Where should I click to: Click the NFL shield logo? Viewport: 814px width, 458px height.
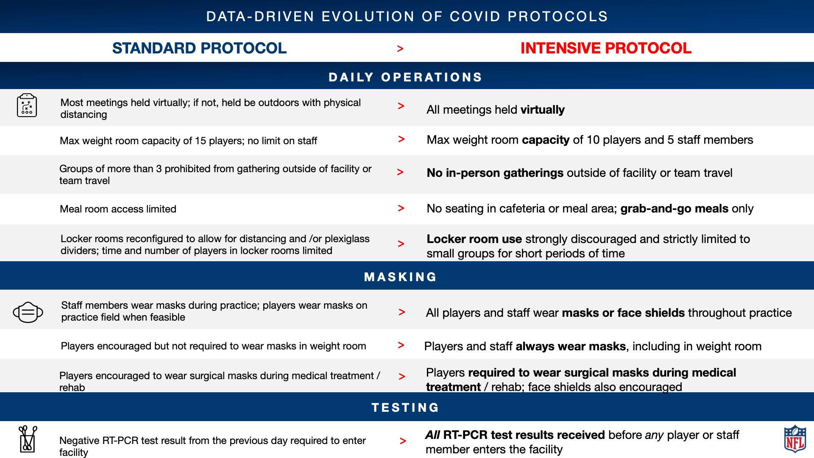pyautogui.click(x=795, y=439)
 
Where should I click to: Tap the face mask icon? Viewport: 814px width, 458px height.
pyautogui.click(x=28, y=313)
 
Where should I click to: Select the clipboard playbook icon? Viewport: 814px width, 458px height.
pyautogui.click(x=27, y=105)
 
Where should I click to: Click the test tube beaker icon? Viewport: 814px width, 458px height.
pyautogui.click(x=28, y=439)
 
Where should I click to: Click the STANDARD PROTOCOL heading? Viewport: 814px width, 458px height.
pyautogui.click(x=199, y=48)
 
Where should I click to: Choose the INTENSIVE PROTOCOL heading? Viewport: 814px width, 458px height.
pyautogui.click(x=606, y=48)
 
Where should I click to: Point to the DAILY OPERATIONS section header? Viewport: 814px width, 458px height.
pyautogui.click(x=405, y=77)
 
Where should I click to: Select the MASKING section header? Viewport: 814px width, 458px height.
pyautogui.click(x=400, y=277)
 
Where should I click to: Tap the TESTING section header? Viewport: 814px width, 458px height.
pyautogui.click(x=405, y=408)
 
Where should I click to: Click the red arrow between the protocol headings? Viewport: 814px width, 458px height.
pyautogui.click(x=400, y=49)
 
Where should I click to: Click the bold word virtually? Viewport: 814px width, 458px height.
pyautogui.click(x=543, y=110)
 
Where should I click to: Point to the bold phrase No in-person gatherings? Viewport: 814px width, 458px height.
pyautogui.click(x=495, y=173)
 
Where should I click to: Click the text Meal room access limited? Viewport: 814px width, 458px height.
pyautogui.click(x=118, y=209)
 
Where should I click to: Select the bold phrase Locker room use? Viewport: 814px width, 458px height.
pyautogui.click(x=474, y=239)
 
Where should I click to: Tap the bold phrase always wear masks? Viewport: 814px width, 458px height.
pyautogui.click(x=571, y=346)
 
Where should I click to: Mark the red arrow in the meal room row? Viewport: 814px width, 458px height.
pyautogui.click(x=401, y=208)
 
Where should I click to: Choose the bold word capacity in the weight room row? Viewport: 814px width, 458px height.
pyautogui.click(x=546, y=140)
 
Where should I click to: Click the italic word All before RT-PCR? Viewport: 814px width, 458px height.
pyautogui.click(x=432, y=435)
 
